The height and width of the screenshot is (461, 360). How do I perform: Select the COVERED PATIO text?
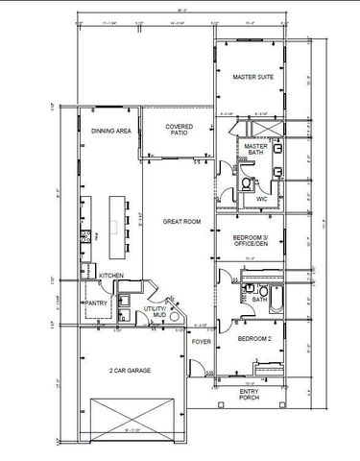click(x=180, y=131)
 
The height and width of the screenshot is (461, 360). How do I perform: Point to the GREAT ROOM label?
click(x=180, y=222)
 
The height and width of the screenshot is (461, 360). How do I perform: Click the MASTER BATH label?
click(x=255, y=150)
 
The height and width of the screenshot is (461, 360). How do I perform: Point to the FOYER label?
click(x=200, y=341)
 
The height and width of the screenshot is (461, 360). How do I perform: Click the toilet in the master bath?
click(x=247, y=181)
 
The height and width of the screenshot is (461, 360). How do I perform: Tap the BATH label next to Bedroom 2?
click(x=259, y=299)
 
